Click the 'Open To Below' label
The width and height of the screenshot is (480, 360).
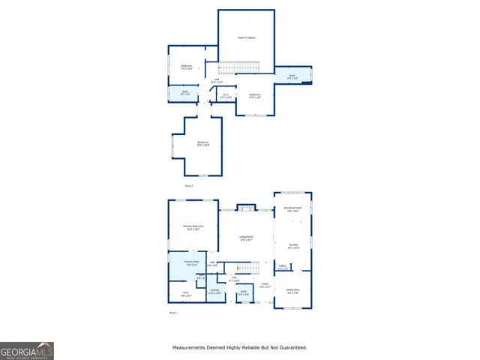[x=246, y=37]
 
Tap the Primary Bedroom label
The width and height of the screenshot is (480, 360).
[x=193, y=227]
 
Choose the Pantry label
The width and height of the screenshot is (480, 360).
[x=283, y=266]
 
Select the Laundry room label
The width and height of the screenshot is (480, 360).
[x=214, y=291]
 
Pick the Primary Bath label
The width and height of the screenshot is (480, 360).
[x=191, y=262]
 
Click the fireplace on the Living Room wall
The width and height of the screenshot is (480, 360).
[x=246, y=207]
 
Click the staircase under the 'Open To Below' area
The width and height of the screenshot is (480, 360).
[x=238, y=67]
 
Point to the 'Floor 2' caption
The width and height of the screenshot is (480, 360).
[x=189, y=184]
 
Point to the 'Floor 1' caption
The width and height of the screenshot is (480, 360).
[x=172, y=312]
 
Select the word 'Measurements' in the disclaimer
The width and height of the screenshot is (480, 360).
[x=190, y=347]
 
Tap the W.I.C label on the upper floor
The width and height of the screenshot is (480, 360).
[x=226, y=96]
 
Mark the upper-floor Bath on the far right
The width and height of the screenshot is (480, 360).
[x=292, y=76]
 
